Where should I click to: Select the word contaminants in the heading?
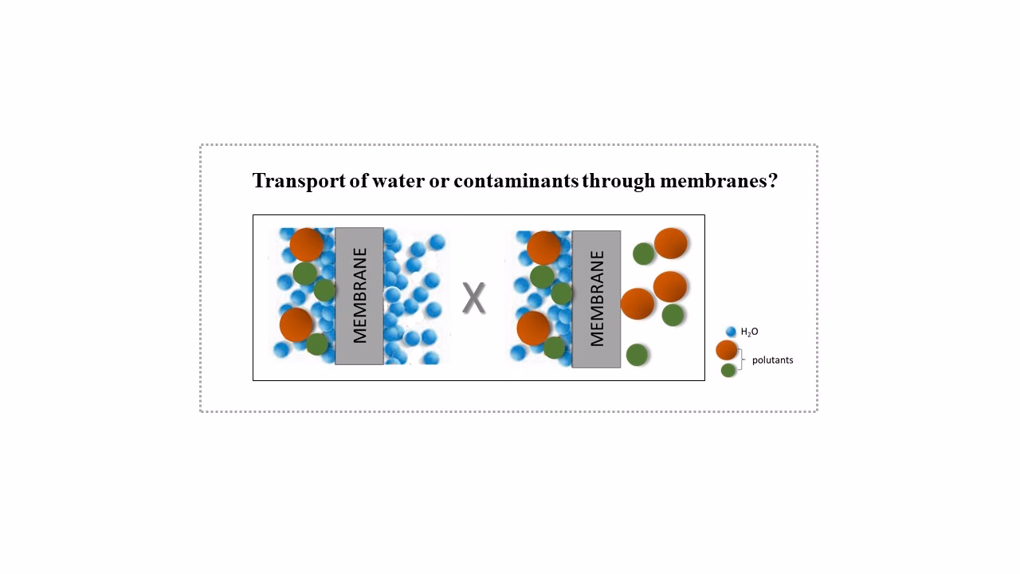coord(516,181)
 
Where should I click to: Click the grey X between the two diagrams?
coord(474,298)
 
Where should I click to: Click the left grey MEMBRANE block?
coord(359,296)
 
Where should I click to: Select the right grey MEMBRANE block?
coord(596,299)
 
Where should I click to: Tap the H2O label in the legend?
coord(749,332)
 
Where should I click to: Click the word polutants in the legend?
coord(772,360)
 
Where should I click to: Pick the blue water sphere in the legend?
coord(731,332)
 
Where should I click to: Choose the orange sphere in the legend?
coord(727,350)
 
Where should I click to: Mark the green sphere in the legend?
coord(728,370)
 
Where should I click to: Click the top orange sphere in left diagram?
coord(306,245)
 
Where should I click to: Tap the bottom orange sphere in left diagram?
coord(296,324)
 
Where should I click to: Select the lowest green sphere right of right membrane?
coord(637,354)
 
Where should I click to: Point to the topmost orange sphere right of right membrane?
coord(671,244)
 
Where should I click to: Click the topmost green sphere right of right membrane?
coord(644,254)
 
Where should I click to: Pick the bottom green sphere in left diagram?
coord(317,344)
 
